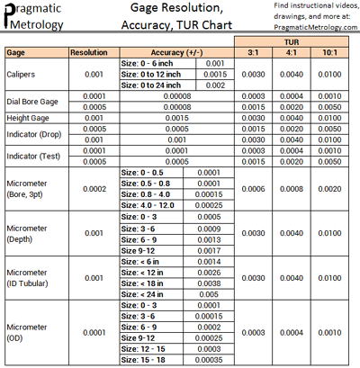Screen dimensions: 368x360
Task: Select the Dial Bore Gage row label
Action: (x=32, y=101)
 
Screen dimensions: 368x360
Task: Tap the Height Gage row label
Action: (x=27, y=117)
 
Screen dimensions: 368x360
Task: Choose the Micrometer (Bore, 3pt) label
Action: (x=28, y=189)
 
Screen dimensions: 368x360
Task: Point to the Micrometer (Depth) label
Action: (x=28, y=233)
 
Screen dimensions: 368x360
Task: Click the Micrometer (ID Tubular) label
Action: (x=30, y=278)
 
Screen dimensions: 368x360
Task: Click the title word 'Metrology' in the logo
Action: (x=37, y=25)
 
